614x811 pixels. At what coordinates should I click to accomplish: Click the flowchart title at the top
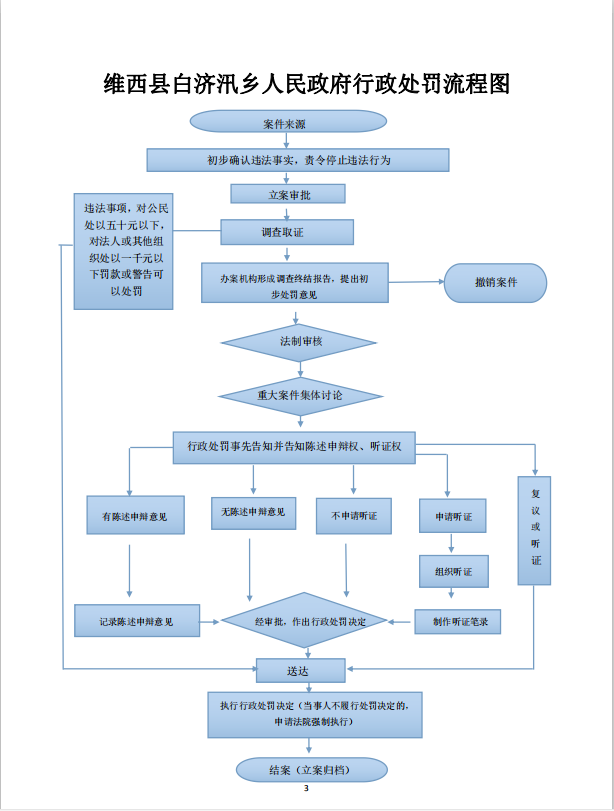click(307, 84)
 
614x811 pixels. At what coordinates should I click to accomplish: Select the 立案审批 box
click(288, 194)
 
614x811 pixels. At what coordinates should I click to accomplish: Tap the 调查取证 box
click(288, 232)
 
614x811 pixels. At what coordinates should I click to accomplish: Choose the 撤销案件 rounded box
click(495, 283)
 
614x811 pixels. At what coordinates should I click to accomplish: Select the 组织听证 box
click(453, 571)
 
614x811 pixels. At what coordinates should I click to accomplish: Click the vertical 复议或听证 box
click(535, 528)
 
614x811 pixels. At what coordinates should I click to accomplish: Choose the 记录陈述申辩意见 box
click(136, 621)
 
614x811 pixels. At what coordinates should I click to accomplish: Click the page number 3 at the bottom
click(307, 792)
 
